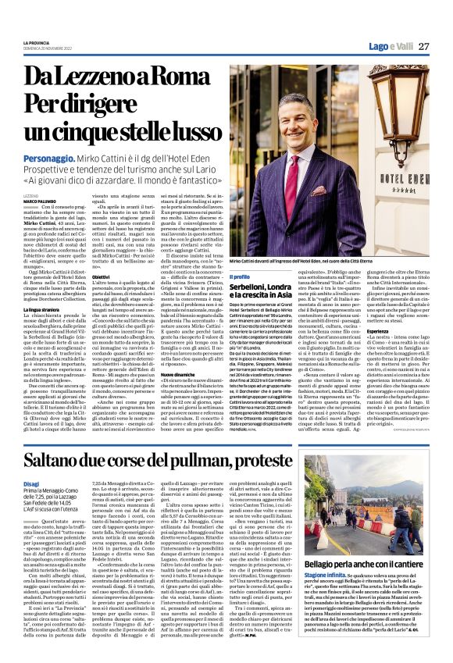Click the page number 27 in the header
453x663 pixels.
(x=423, y=46)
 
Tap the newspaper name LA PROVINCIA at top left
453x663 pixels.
(x=36, y=43)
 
